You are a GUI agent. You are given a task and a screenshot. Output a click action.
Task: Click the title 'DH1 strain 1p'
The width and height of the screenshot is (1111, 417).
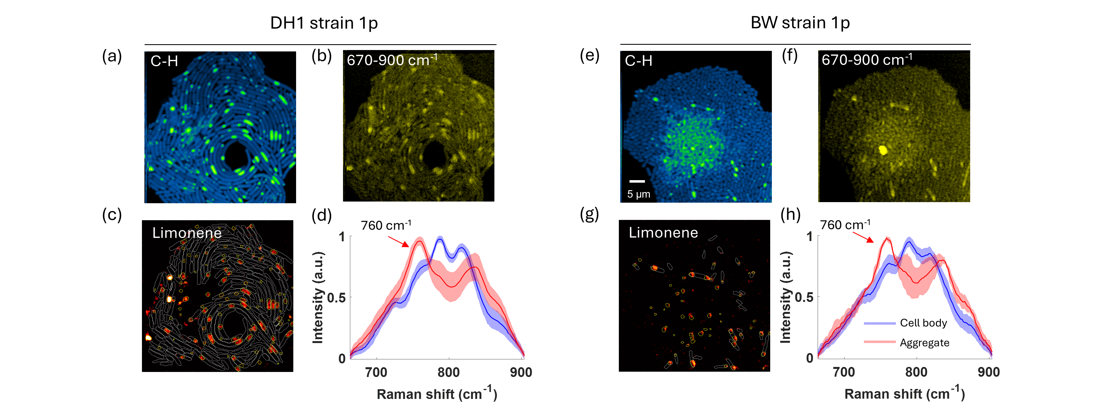coord(324,23)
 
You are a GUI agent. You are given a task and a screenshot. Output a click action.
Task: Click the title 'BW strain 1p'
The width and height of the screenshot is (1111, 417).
coord(800,23)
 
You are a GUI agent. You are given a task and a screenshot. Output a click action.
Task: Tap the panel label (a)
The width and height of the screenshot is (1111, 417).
coord(112,56)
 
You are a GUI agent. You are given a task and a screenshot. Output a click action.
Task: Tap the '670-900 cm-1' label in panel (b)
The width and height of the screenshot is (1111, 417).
coord(392,60)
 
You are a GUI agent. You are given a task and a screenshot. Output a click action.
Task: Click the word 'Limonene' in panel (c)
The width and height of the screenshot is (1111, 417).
coord(186,233)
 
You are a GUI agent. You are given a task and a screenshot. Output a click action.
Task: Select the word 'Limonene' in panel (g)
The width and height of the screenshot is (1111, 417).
coord(663,233)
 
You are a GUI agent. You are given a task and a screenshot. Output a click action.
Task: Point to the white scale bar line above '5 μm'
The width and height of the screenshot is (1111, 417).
coord(637,181)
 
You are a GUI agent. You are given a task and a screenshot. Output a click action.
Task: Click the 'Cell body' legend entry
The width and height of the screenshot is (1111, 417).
coord(923,323)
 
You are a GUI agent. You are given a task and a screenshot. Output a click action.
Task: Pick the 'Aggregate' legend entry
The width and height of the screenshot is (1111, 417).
coord(924,343)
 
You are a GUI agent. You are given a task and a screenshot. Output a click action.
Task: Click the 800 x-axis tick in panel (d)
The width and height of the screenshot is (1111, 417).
coord(449,372)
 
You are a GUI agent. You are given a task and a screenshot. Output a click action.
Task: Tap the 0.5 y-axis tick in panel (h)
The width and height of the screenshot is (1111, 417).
coord(804,297)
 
